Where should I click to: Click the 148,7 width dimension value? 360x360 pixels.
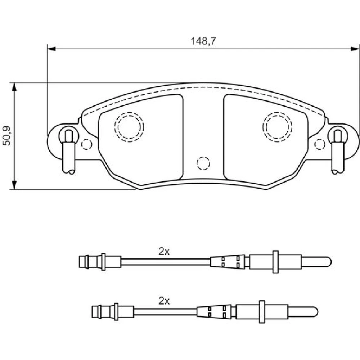tap(203, 41)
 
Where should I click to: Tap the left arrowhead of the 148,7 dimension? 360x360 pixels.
tap(51, 49)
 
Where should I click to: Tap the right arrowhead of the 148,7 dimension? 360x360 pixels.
tap(355, 49)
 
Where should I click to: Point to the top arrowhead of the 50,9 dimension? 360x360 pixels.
tap(14, 87)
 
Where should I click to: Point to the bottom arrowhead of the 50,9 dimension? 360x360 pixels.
tap(14, 185)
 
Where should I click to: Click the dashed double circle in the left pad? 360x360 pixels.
tap(129, 127)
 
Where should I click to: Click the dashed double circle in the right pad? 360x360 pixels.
tap(277, 127)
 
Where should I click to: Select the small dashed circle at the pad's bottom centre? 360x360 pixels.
tap(203, 163)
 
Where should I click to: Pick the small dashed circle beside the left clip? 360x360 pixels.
tap(86, 144)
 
